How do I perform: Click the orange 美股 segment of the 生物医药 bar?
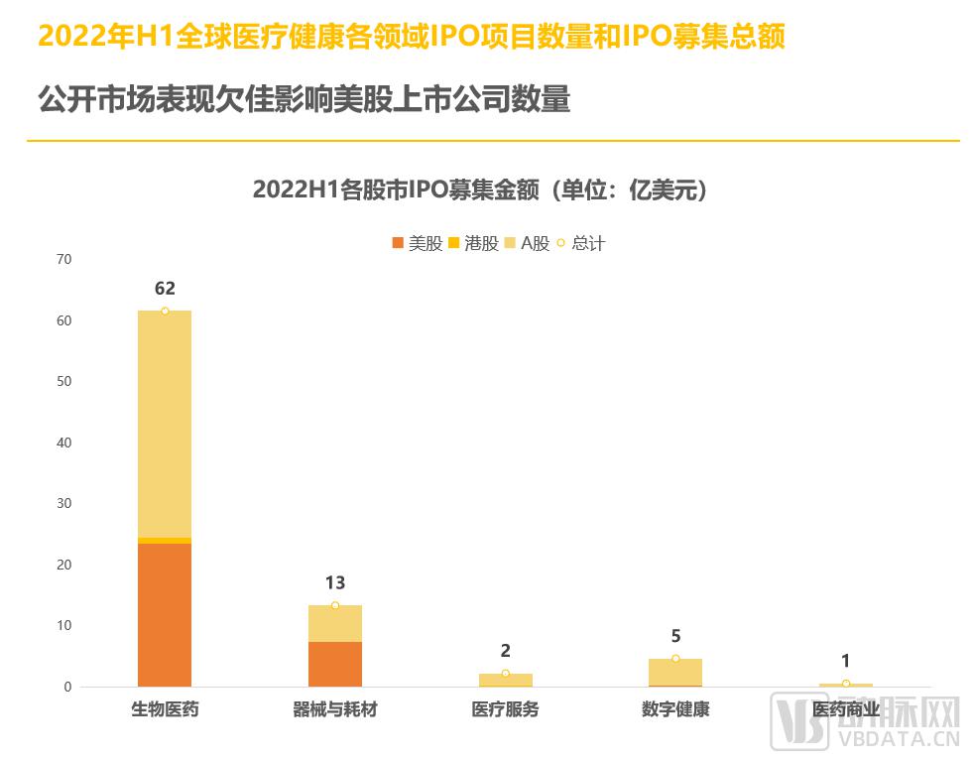coord(165,614)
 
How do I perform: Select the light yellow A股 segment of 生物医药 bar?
coord(165,424)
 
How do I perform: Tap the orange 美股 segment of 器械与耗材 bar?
coord(335,664)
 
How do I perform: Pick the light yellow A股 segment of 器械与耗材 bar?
coord(335,624)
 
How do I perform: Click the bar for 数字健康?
coord(675,673)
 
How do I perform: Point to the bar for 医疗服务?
coord(505,680)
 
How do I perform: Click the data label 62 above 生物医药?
coord(165,289)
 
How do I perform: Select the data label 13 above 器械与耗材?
coord(335,583)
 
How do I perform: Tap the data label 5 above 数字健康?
coord(675,637)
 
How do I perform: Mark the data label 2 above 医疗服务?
coord(505,651)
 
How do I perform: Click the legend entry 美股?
coord(418,243)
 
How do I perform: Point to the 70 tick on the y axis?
coord(64,260)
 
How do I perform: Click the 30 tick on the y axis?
coord(64,504)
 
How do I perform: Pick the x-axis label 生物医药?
coord(165,710)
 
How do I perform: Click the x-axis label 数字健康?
coord(675,710)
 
